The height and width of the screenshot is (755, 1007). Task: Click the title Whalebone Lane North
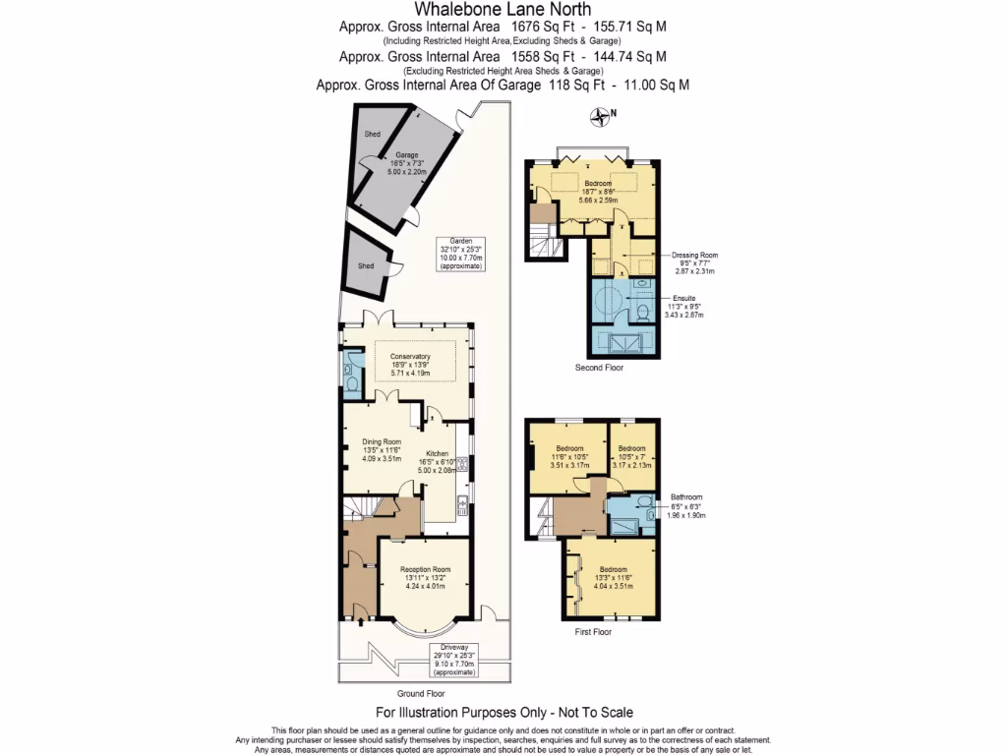[x=503, y=9]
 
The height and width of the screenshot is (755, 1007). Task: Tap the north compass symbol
[x=600, y=118]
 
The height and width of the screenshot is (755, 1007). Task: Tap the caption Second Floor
[x=599, y=368]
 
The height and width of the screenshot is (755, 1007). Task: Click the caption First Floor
[x=593, y=632]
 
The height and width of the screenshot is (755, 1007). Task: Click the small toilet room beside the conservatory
[x=352, y=374]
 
